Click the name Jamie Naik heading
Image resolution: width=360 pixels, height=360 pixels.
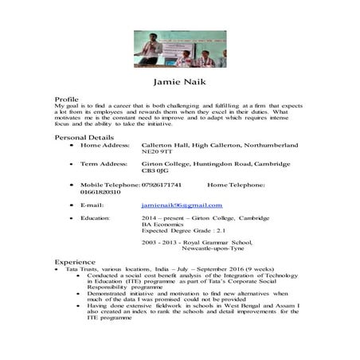tap(179, 82)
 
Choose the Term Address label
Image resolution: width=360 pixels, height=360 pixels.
tap(104, 163)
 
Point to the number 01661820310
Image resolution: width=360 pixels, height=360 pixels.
tap(77, 192)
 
